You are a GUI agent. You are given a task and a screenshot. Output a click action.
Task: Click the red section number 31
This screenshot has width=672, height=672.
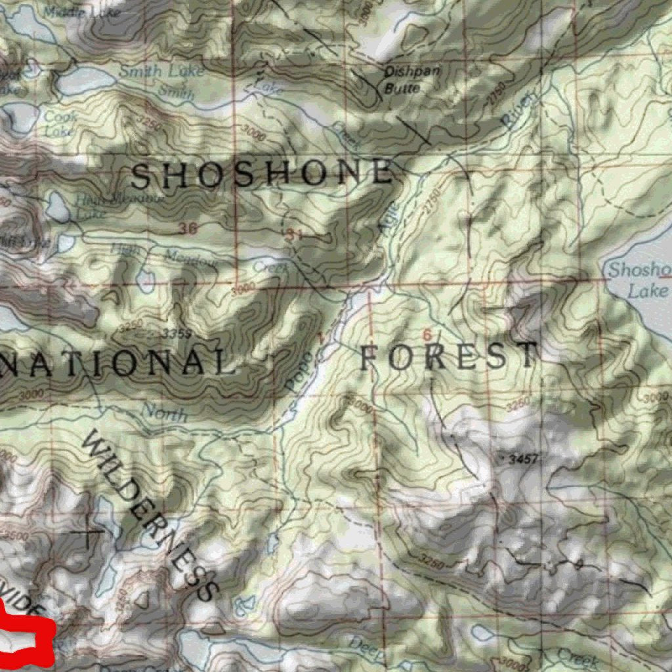click(x=294, y=234)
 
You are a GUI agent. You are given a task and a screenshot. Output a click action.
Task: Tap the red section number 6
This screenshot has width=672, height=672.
click(x=428, y=335)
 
